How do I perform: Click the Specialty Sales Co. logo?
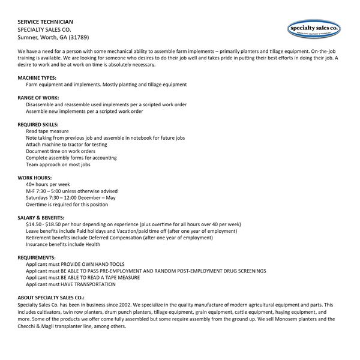[x=314, y=28]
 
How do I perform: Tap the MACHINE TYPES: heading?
[x=37, y=78]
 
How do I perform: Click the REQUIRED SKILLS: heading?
[x=38, y=124]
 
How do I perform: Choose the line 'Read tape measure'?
[x=47, y=131]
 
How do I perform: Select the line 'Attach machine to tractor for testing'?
[x=67, y=145]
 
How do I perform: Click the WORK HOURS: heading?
[x=35, y=178]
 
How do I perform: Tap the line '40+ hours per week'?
[x=48, y=184]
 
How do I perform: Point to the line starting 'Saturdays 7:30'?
[x=71, y=197]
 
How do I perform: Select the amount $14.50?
[x=34, y=224]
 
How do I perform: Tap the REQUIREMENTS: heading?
[x=37, y=257]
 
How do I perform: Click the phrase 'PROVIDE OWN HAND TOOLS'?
[x=93, y=264]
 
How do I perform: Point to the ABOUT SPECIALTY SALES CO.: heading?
[x=51, y=298]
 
